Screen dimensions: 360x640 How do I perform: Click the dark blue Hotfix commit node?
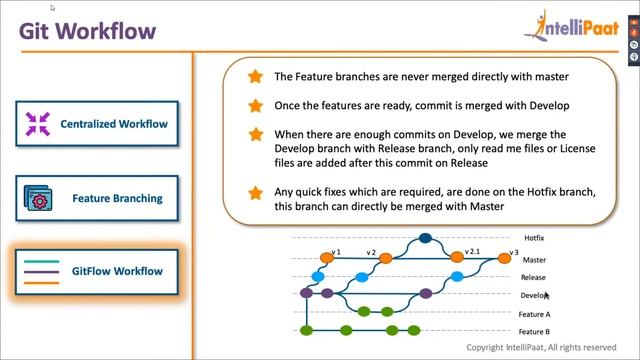point(424,239)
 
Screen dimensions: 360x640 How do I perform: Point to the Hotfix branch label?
point(534,239)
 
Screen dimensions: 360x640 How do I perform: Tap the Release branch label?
point(533,277)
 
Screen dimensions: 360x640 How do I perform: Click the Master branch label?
point(534,259)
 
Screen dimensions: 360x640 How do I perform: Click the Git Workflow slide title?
point(88,31)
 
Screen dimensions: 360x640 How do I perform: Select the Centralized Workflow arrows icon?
point(38,125)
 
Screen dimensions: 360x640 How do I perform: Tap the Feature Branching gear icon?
point(38,198)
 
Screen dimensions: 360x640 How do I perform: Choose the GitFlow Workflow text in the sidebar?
point(118,271)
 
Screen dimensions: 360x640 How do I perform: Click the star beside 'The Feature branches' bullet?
point(255,77)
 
